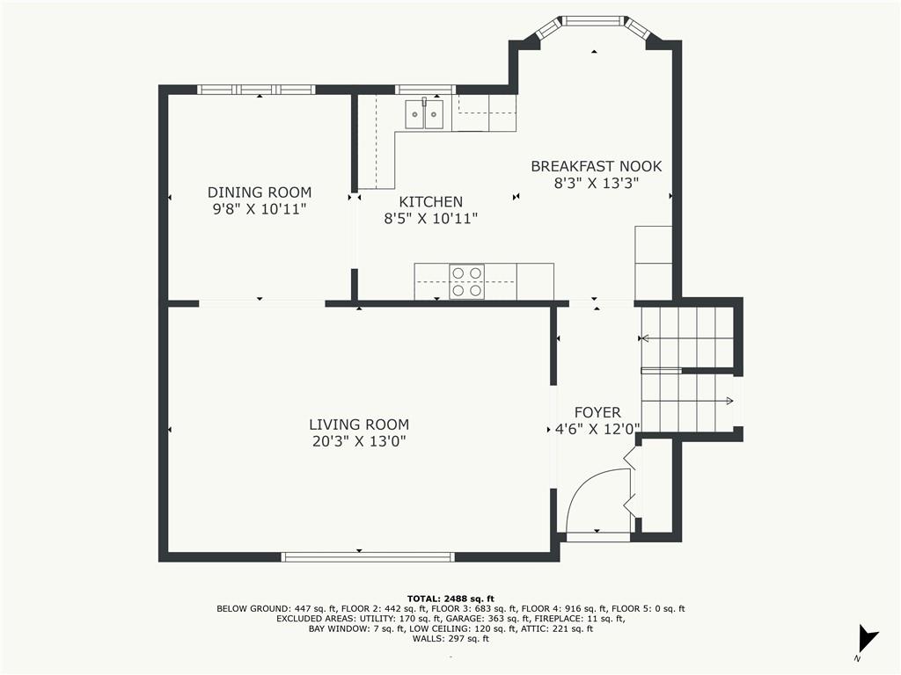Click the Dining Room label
pyautogui.click(x=260, y=192)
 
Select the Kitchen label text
pyautogui.click(x=430, y=202)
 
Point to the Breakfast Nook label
pyautogui.click(x=596, y=166)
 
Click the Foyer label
pyautogui.click(x=597, y=412)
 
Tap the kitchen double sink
pyautogui.click(x=424, y=114)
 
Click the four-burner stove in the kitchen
pyautogui.click(x=466, y=281)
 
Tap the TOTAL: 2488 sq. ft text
pyautogui.click(x=450, y=598)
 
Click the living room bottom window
pyautogui.click(x=367, y=556)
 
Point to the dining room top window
pyautogui.click(x=256, y=89)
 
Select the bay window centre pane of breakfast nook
pyautogui.click(x=594, y=20)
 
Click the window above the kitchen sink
pyautogui.click(x=424, y=89)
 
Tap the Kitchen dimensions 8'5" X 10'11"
pyautogui.click(x=430, y=219)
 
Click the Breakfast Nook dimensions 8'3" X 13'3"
pyautogui.click(x=596, y=183)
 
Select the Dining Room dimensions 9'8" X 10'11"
pyautogui.click(x=260, y=209)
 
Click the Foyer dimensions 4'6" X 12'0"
pyautogui.click(x=597, y=429)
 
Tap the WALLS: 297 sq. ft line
pyautogui.click(x=450, y=639)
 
